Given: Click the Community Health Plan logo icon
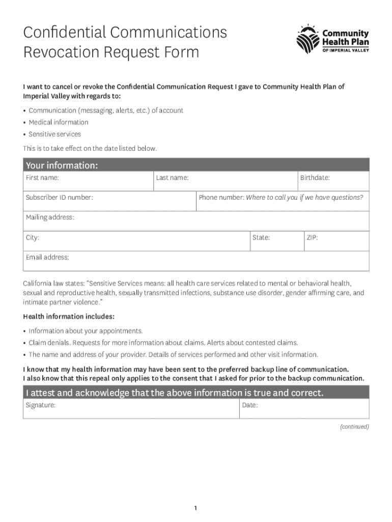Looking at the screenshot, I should [x=308, y=39].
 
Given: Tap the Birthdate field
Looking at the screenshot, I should [x=333, y=181].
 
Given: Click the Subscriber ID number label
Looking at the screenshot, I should [x=60, y=197].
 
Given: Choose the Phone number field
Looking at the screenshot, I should [x=283, y=201].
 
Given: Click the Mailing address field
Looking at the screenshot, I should [x=196, y=221].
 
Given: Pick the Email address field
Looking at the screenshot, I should [x=196, y=261].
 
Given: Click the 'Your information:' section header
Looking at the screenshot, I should [x=62, y=166].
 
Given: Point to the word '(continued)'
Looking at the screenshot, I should [x=354, y=427].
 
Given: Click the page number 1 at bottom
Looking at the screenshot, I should [x=195, y=494].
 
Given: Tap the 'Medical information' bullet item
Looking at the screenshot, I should [x=58, y=122].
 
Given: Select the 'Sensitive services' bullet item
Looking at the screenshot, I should [x=54, y=134].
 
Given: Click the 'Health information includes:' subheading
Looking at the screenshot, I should [x=69, y=317].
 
